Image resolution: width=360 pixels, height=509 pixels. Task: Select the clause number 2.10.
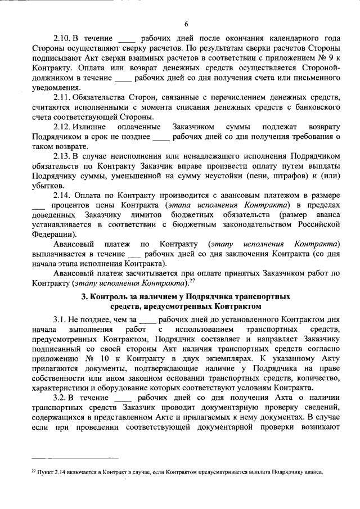(x=62, y=42)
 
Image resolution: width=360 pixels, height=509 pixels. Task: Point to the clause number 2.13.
(x=62, y=155)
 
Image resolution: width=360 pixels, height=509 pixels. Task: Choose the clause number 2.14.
(x=62, y=195)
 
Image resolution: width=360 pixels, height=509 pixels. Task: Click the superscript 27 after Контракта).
(x=191, y=280)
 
